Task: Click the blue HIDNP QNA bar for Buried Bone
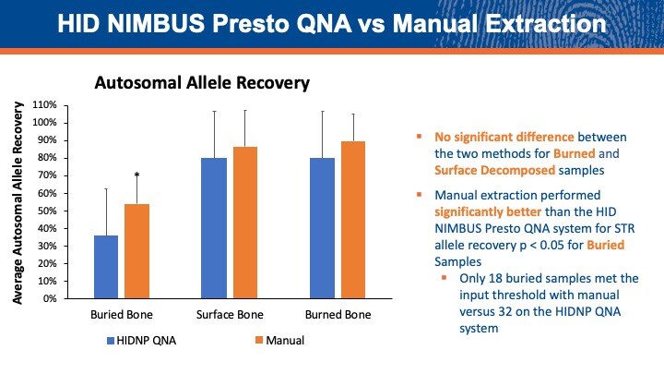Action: pos(106,267)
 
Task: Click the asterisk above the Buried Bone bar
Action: pos(136,175)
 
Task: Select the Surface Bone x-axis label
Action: pos(229,314)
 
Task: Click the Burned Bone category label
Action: pos(338,314)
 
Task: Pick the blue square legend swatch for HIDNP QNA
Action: pos(111,341)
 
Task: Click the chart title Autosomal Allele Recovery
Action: pos(201,83)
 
